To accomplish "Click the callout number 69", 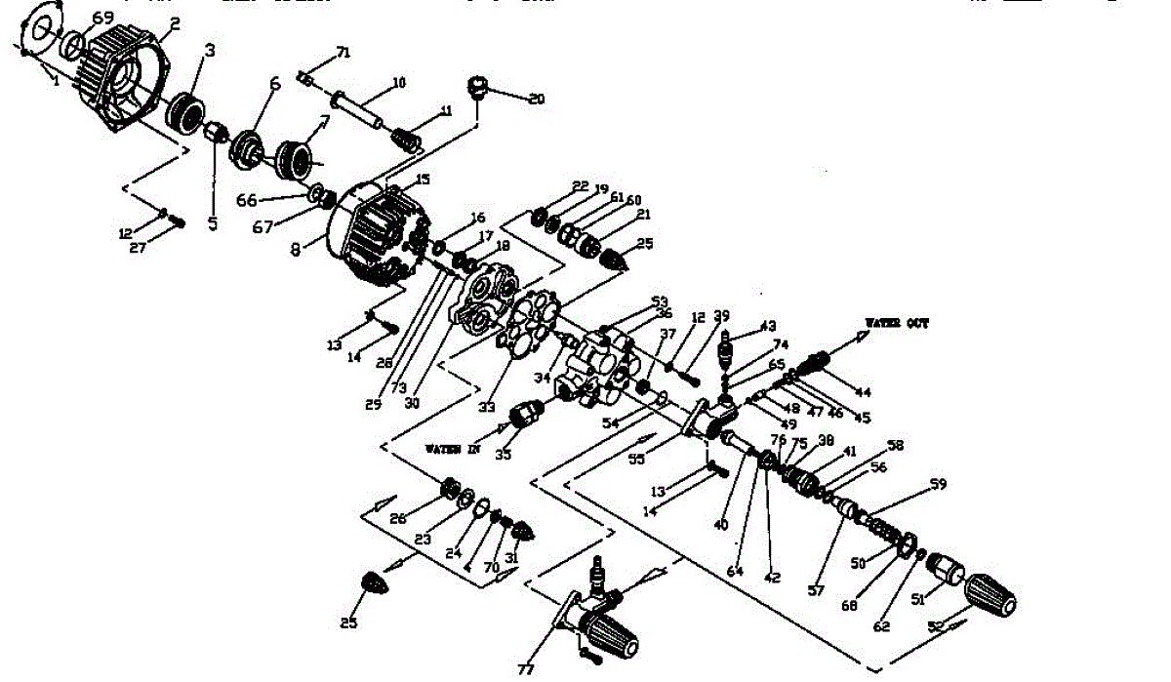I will (x=102, y=19).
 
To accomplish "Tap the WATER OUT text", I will (x=897, y=323).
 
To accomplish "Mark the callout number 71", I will (x=343, y=51).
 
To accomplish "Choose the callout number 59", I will (x=938, y=484).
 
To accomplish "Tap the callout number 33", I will (x=486, y=407).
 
